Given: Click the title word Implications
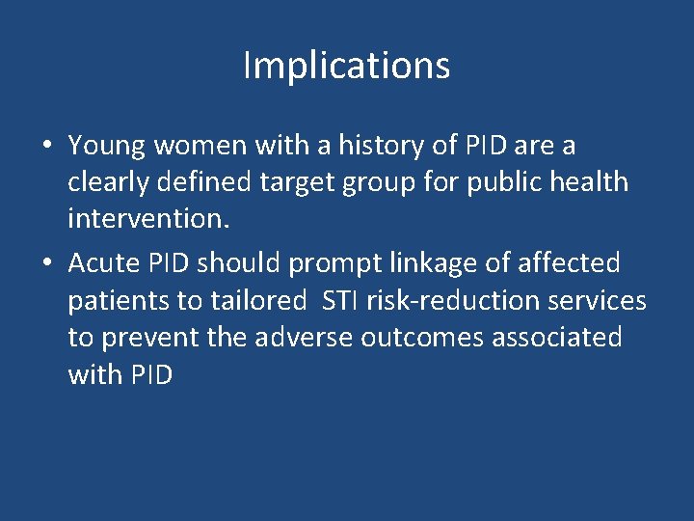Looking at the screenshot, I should [x=346, y=67].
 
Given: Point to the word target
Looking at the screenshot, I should [x=325, y=181].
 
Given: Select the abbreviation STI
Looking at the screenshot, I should [x=339, y=301].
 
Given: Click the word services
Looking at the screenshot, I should [x=599, y=301].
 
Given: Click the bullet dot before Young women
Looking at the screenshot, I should [x=46, y=147].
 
